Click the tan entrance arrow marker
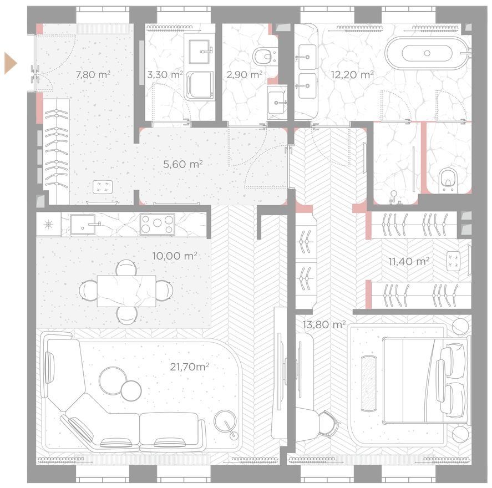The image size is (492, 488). pos(10,64)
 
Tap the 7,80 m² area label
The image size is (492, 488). pos(93,75)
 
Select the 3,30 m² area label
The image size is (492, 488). pos(165,75)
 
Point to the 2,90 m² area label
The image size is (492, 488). pos(245,75)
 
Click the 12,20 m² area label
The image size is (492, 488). pos(352,75)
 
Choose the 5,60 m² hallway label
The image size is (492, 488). pos(183,164)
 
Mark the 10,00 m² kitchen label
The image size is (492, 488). pos(175,256)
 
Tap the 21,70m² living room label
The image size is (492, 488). pos(190,367)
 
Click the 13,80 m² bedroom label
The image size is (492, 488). pos(324,324)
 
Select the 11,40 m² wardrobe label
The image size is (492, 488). pos(409,261)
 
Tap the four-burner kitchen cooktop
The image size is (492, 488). pos(157,223)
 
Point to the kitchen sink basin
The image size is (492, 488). pos(83,224)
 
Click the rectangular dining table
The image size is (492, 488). pos(126,291)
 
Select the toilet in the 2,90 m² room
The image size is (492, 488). pos(265,57)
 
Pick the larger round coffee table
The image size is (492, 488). pos(113,380)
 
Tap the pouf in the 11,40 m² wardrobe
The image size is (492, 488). pos(453,260)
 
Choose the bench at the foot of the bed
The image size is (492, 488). pos(369,383)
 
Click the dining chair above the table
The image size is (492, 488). pos(126,268)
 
